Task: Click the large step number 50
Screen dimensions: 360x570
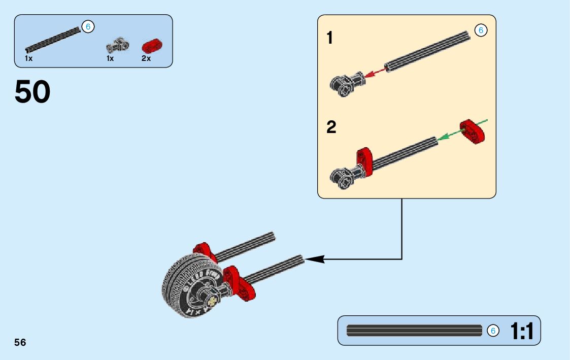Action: point(33,92)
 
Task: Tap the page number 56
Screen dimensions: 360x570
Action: point(20,342)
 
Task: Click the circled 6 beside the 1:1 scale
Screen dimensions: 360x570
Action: point(492,331)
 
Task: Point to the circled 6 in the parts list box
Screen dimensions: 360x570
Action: point(88,26)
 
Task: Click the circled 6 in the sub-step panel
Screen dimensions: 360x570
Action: point(480,30)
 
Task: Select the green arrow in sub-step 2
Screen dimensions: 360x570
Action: point(449,134)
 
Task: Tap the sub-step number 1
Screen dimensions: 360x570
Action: point(330,38)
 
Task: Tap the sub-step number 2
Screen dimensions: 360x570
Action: point(331,127)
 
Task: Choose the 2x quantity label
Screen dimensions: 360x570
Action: point(146,58)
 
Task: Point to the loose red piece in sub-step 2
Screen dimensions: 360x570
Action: point(473,132)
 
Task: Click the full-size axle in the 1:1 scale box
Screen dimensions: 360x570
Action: point(414,331)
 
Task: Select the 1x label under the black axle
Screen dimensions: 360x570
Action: point(28,58)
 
